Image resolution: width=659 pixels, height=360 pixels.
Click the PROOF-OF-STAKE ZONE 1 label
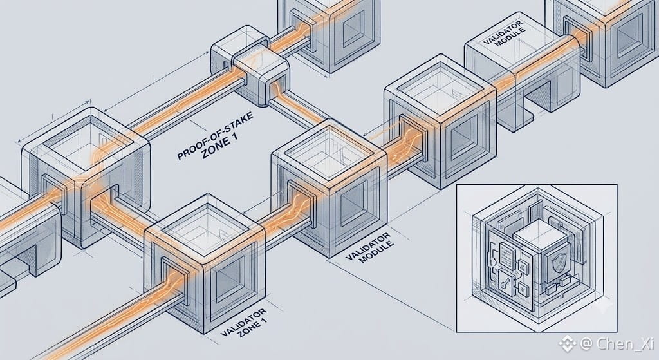[216, 137]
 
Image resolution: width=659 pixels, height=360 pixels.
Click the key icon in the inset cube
[503, 279]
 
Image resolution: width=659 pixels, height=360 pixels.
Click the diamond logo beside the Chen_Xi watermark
[568, 344]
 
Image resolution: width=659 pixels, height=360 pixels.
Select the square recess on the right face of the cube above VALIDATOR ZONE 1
[230, 278]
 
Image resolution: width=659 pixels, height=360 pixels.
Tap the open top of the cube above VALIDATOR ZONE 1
[204, 227]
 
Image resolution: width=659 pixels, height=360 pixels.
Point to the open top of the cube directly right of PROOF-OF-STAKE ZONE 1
[329, 152]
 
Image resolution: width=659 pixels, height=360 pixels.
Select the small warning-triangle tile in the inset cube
[523, 267]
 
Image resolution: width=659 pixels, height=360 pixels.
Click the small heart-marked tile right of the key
[523, 287]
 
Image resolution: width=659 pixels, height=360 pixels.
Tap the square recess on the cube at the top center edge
[353, 28]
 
